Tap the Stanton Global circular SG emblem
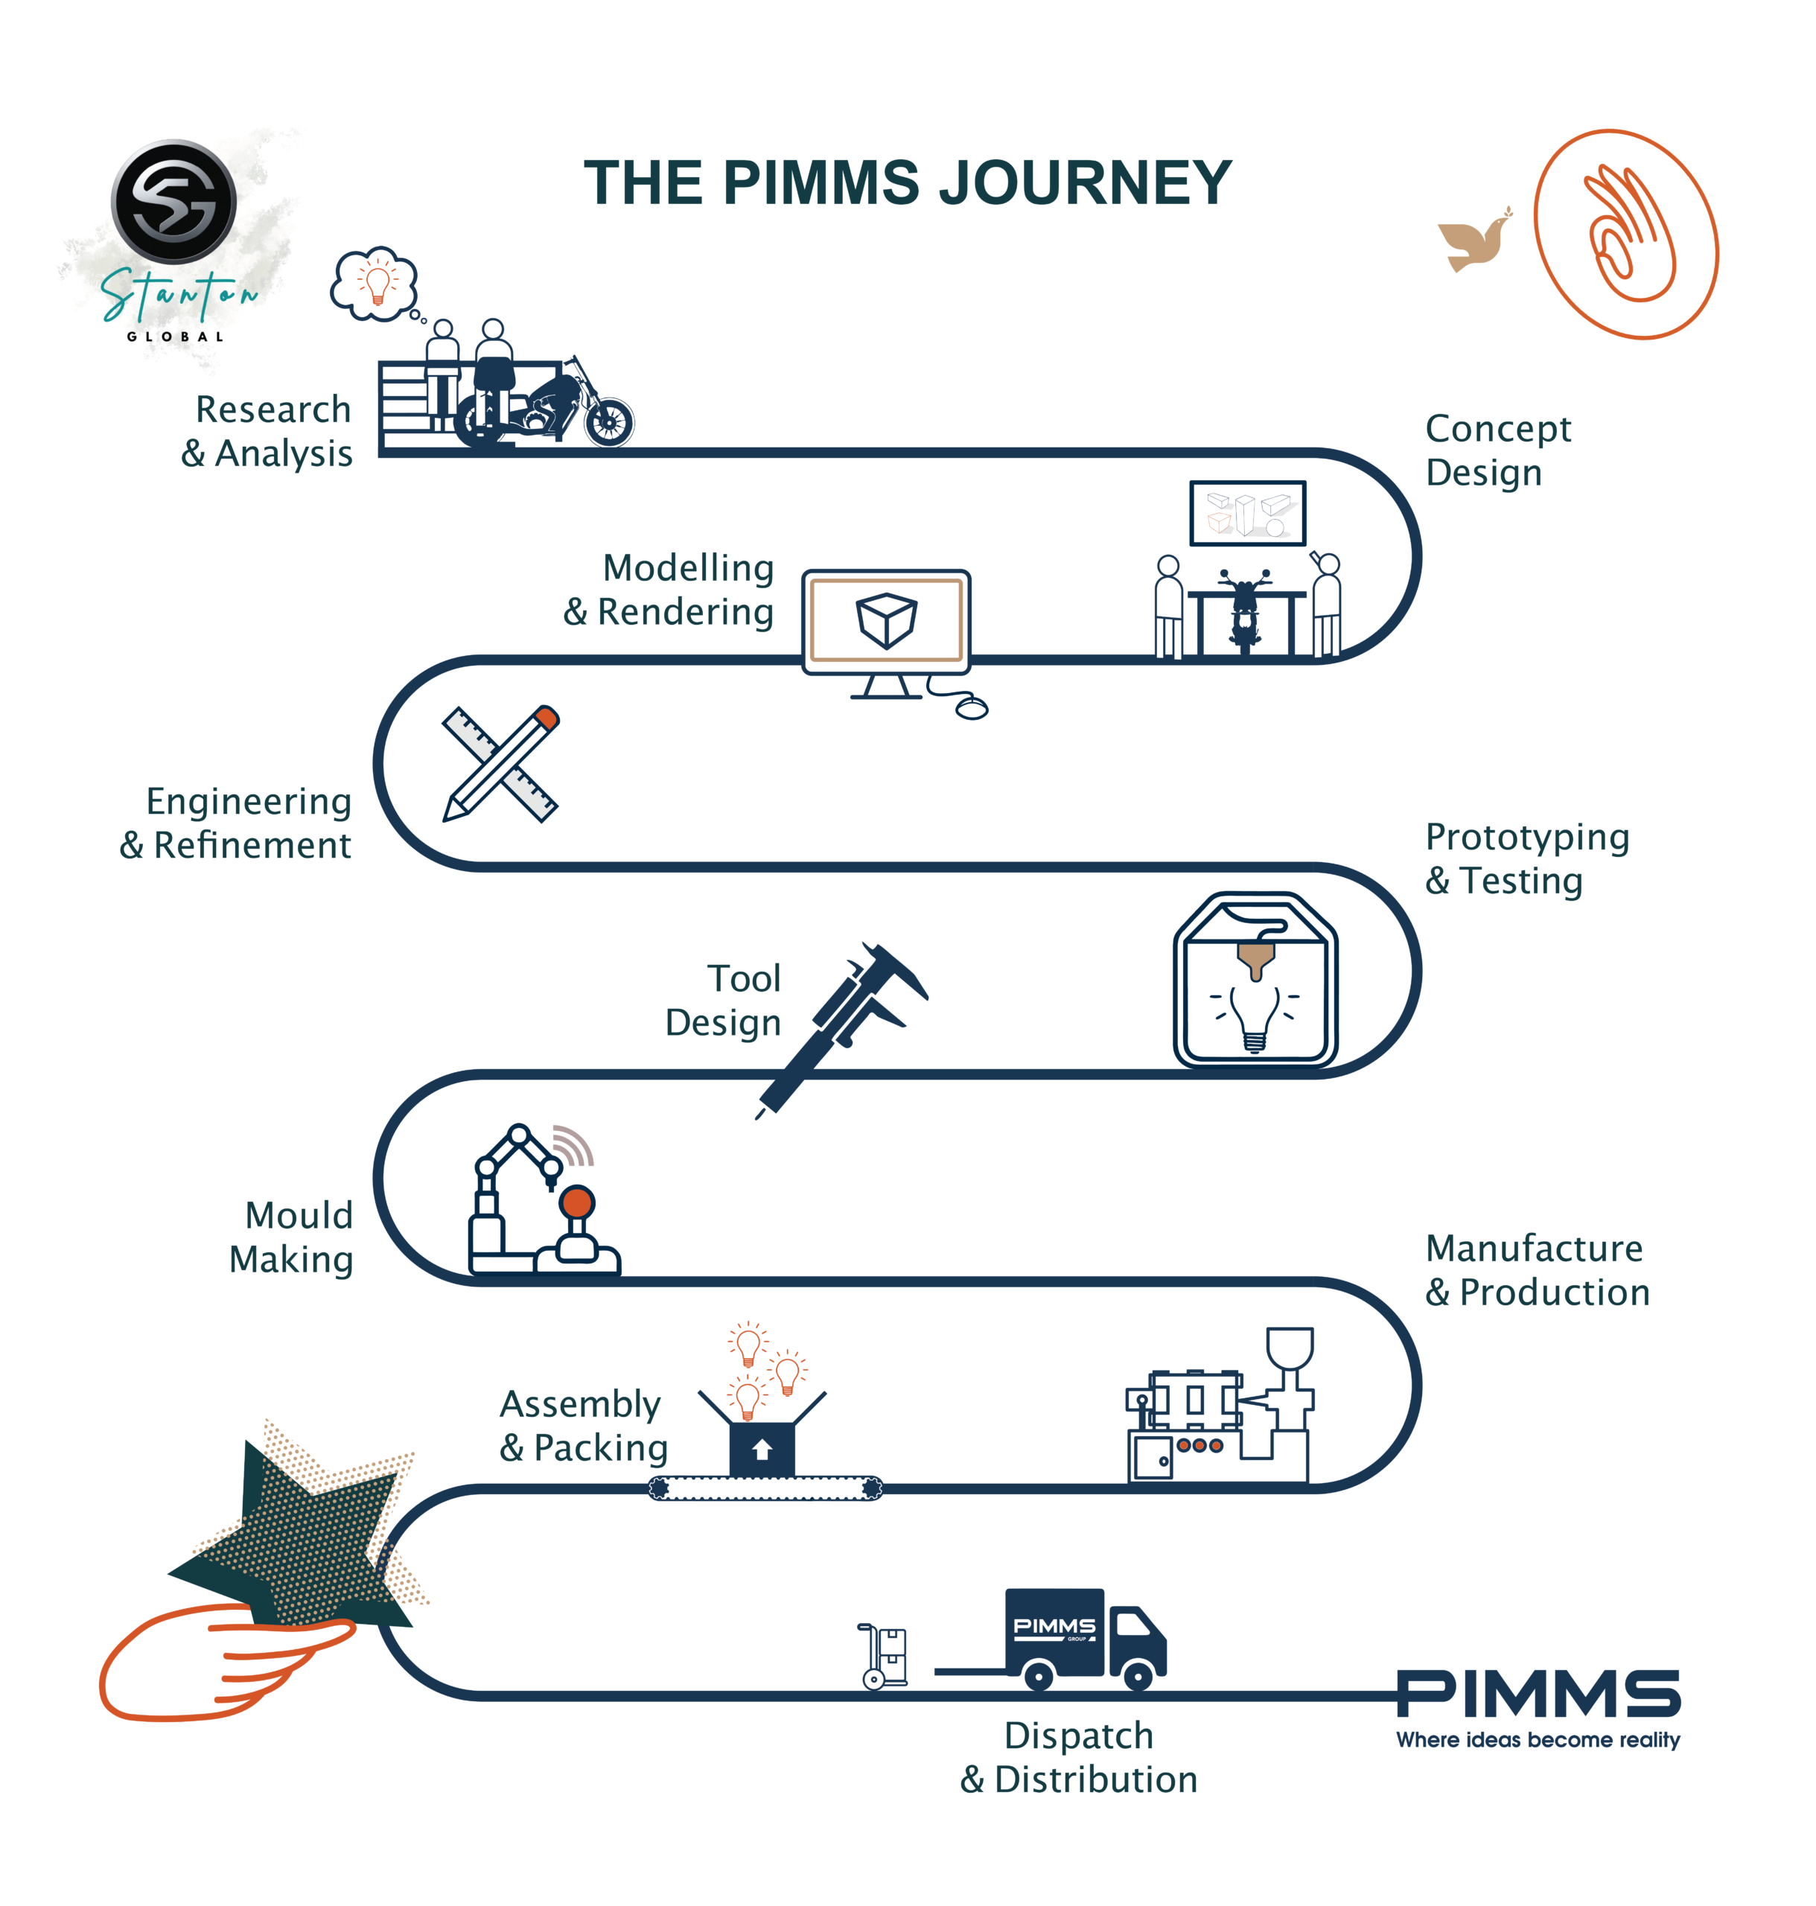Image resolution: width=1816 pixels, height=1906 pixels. coord(174,201)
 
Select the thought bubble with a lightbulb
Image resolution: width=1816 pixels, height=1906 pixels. coord(375,283)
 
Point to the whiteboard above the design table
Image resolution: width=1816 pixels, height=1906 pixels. coord(1247,513)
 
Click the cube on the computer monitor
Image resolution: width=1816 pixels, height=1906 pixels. coord(886,619)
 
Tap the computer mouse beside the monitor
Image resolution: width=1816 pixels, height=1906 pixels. coord(972,709)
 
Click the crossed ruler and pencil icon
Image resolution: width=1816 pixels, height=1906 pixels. coord(500,765)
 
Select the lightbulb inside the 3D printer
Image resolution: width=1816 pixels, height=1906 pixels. coord(1255,1016)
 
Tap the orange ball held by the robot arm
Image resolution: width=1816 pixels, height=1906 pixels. coord(578,1202)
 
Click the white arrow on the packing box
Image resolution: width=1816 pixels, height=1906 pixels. coord(762,1449)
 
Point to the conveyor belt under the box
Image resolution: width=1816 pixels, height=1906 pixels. coord(765,1488)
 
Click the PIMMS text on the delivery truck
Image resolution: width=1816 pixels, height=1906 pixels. coord(1054,1626)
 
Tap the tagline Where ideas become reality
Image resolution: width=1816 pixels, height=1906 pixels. coord(1538,1739)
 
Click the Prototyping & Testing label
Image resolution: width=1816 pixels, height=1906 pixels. coord(1526,858)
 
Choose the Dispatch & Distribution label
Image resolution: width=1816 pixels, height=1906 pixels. coord(1078,1757)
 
